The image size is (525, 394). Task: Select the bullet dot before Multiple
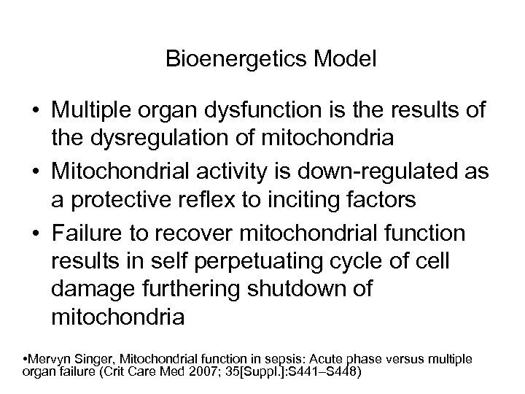pos(35,111)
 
